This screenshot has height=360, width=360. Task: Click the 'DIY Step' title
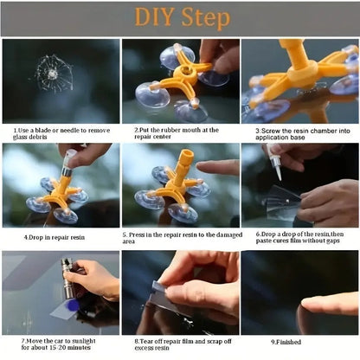tap(180, 18)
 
